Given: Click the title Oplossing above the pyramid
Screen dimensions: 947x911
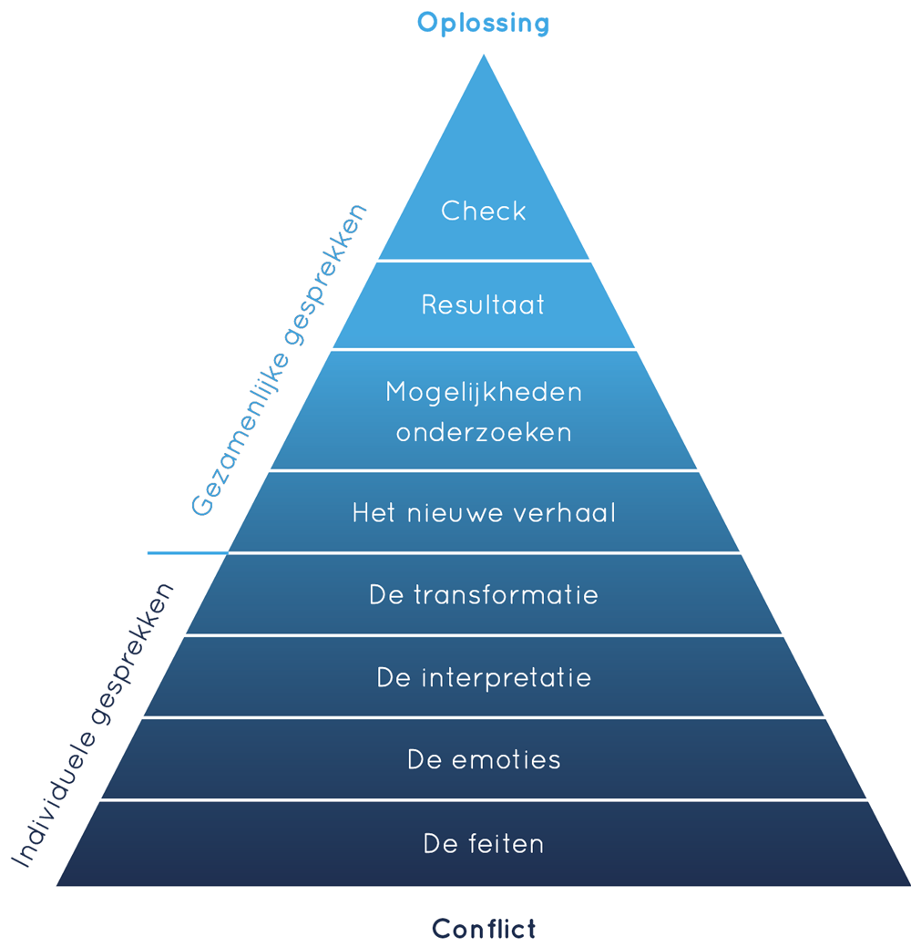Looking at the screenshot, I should click(x=483, y=23).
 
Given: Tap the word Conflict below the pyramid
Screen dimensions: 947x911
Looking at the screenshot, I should click(x=484, y=929).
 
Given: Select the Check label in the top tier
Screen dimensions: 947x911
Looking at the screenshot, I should click(x=484, y=211).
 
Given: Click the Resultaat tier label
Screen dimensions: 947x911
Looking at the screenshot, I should click(x=483, y=304).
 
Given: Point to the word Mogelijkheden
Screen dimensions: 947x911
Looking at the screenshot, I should click(x=484, y=393).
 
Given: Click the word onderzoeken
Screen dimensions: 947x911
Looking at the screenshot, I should click(x=484, y=432).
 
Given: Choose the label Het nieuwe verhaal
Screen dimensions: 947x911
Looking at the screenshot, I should click(x=484, y=513).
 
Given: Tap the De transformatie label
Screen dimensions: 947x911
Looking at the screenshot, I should click(x=484, y=595).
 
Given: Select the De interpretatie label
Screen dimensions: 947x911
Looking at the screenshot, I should click(x=484, y=678).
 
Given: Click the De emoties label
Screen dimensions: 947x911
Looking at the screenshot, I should click(x=484, y=760).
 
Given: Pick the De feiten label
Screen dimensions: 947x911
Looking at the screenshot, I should click(x=484, y=844).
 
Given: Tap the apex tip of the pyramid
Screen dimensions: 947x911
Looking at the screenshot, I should click(x=483, y=57).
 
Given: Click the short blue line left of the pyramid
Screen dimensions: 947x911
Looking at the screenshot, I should click(x=187, y=552).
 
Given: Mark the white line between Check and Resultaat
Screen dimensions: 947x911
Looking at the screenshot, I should click(x=484, y=261).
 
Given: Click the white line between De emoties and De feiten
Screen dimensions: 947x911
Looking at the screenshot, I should click(x=484, y=800).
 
